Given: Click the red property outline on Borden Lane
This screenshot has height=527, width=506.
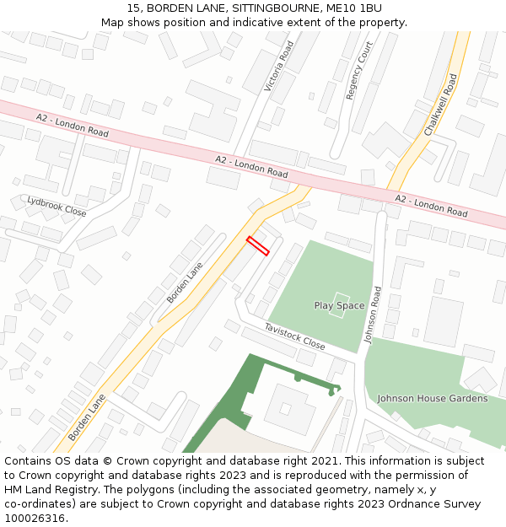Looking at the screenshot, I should coord(257,245).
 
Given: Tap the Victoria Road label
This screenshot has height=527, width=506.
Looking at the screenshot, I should coord(279,66).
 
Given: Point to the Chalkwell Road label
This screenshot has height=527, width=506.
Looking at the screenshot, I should coord(440,105).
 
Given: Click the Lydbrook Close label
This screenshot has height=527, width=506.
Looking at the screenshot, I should coord(57,206).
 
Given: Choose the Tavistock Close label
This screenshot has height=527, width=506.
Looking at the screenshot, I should coord(294,336).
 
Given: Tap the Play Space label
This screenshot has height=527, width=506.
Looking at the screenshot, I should coord(339,305).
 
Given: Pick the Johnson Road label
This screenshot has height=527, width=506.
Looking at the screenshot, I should coord(373,314).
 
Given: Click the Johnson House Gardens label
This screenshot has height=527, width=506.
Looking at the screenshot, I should coord(432,398).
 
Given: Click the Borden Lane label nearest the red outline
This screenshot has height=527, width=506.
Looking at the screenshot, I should coord(185,282).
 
